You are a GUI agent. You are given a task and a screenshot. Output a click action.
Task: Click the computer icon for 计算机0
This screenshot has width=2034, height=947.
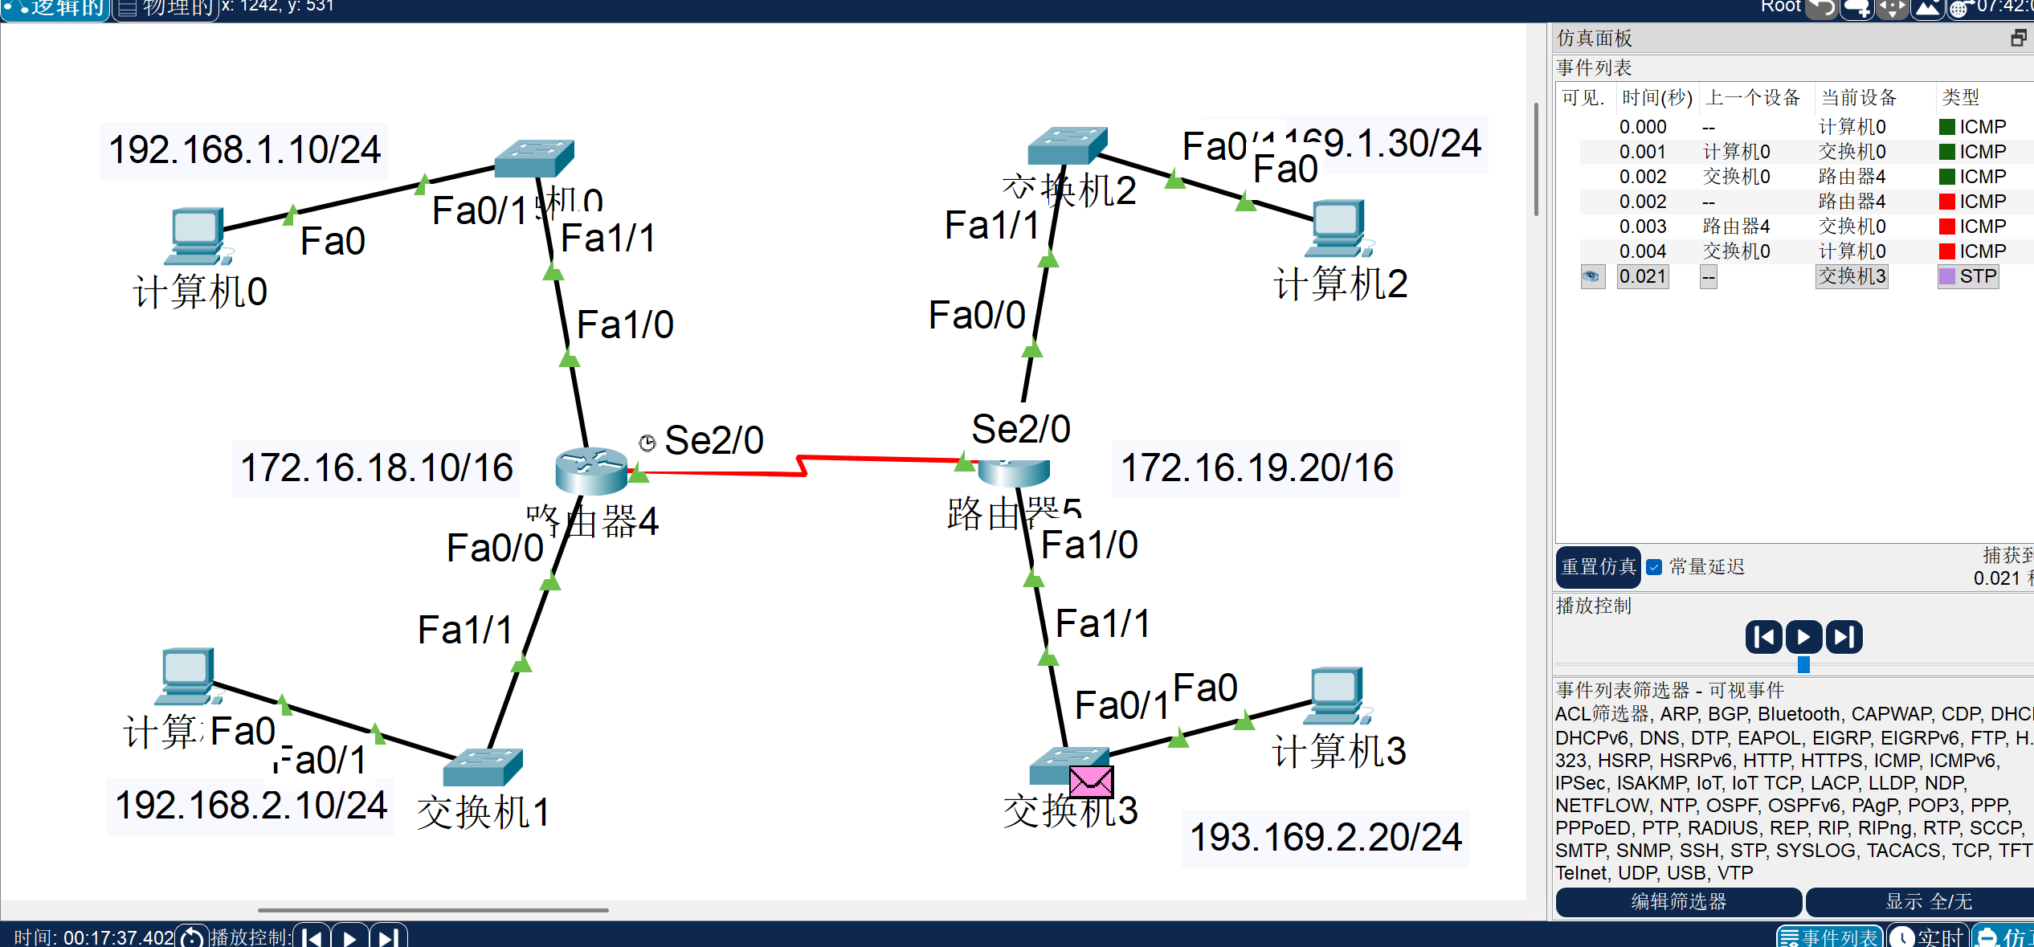click(x=196, y=235)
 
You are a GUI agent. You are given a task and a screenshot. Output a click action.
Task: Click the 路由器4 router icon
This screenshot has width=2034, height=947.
click(x=591, y=471)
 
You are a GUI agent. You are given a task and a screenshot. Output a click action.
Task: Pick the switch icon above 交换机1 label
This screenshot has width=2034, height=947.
click(x=482, y=766)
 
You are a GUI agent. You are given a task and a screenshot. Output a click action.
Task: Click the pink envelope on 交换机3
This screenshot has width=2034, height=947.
click(x=1091, y=781)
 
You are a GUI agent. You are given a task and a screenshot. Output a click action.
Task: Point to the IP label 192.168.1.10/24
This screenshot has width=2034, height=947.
click(x=244, y=150)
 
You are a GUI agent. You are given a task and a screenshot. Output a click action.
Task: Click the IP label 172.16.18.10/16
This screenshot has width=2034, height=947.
click(x=376, y=468)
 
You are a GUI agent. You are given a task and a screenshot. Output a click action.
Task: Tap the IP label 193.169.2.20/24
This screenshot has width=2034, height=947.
click(x=1325, y=838)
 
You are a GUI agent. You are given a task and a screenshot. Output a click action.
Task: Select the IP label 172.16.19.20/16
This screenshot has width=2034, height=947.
click(x=1256, y=468)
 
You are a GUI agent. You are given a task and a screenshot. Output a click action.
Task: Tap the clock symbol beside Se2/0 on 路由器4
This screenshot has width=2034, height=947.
click(x=647, y=443)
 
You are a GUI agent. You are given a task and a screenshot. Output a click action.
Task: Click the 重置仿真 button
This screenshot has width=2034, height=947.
click(x=1598, y=567)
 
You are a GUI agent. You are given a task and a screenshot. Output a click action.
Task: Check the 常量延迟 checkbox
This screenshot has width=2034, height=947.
click(x=1654, y=567)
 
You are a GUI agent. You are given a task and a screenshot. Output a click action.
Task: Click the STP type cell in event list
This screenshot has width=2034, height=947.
click(x=1976, y=277)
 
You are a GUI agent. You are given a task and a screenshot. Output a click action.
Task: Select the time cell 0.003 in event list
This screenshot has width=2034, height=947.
click(x=1642, y=227)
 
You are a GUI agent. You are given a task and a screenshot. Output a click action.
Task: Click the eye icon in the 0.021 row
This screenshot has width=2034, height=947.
click(x=1591, y=277)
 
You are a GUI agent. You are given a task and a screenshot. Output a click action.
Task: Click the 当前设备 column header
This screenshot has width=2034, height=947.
click(x=1858, y=98)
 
